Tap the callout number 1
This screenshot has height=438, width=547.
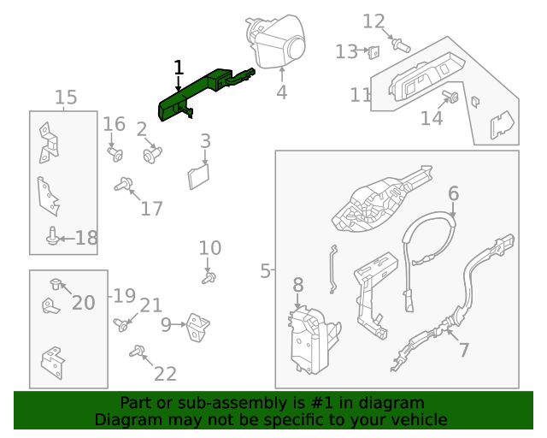(178, 67)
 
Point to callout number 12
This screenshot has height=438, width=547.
(374, 21)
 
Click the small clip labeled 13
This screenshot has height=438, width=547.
(373, 53)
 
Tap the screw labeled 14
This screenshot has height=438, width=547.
(453, 98)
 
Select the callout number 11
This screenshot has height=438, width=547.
(361, 94)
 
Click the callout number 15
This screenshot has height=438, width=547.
(66, 98)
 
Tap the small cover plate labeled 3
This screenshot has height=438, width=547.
(198, 176)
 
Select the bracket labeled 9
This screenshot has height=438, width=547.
(199, 325)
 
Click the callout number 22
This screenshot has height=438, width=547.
(165, 373)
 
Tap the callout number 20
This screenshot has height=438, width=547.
(84, 302)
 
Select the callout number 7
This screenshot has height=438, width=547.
(464, 350)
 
